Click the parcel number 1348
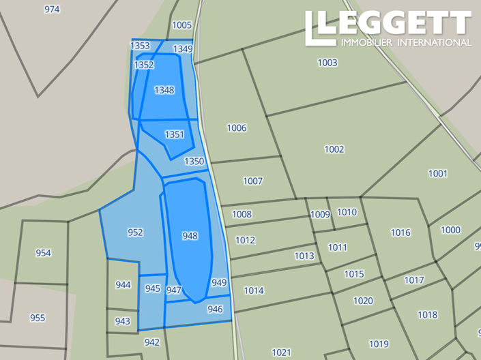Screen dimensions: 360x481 [x=164, y=90]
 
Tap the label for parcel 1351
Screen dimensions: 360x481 [x=174, y=134]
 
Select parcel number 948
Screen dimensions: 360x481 [x=190, y=236]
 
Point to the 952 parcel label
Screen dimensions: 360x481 [x=135, y=232]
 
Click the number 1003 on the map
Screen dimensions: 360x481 [x=327, y=63]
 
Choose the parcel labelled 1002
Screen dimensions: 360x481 [x=334, y=149]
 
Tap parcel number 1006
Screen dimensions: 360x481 [x=237, y=128]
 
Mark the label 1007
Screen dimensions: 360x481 [x=252, y=181]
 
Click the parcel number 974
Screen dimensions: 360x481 [x=52, y=10]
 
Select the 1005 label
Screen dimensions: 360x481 [x=182, y=25]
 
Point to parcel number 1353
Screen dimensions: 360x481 [x=140, y=46]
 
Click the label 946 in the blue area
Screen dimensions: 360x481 [x=215, y=309]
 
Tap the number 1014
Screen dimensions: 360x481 [x=254, y=291]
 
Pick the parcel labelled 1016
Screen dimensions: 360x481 [x=400, y=232]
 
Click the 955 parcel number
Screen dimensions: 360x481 [x=38, y=318]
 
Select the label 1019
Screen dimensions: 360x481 [x=379, y=344]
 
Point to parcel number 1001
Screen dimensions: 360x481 [x=438, y=174]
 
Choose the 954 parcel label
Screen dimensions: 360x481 [x=43, y=253]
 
